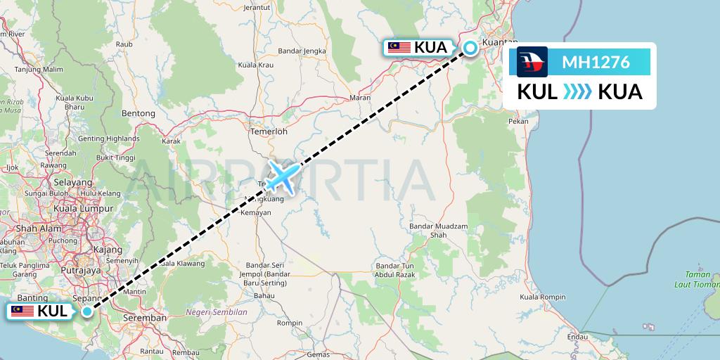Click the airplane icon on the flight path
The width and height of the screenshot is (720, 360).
pyautogui.click(x=283, y=176)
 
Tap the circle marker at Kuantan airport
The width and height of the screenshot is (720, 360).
pyautogui.click(x=470, y=48)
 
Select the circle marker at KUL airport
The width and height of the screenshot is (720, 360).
pyautogui.click(x=86, y=311)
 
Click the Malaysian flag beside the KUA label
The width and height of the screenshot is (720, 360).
pyautogui.click(x=399, y=48)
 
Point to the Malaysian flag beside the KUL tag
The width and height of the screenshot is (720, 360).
pyautogui.click(x=22, y=311)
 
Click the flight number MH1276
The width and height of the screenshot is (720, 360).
pyautogui.click(x=596, y=63)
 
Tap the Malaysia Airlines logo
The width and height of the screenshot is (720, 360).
pyautogui.click(x=532, y=62)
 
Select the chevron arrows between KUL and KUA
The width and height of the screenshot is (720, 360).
pyautogui.click(x=577, y=92)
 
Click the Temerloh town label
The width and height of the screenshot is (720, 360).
pyautogui.click(x=269, y=131)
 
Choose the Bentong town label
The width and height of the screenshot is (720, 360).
pyautogui.click(x=138, y=113)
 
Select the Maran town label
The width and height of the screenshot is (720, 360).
pyautogui.click(x=359, y=98)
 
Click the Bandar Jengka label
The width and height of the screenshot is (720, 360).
pyautogui.click(x=300, y=51)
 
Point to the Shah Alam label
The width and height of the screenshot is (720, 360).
pyautogui.click(x=30, y=228)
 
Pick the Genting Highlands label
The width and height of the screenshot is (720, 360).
pyautogui.click(x=109, y=139)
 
